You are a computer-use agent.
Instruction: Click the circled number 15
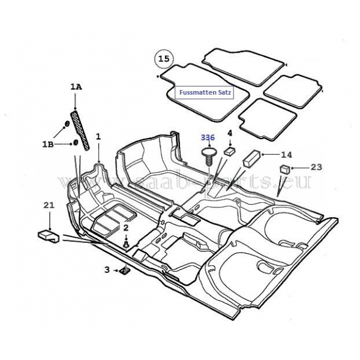tap(164, 59)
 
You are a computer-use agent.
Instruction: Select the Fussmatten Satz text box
tap(205, 92)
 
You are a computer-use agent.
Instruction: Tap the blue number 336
tap(208, 138)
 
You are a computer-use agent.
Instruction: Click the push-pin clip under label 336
tap(208, 157)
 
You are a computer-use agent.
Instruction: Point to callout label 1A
tap(76, 87)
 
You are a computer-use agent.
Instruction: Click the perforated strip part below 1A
tap(80, 130)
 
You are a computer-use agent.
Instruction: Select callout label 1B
tap(48, 145)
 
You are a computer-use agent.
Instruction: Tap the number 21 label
tap(49, 205)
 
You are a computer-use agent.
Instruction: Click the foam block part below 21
tap(49, 236)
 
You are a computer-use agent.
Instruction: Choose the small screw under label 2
tap(126, 244)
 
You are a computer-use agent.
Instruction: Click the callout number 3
tap(107, 270)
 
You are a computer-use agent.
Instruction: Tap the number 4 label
tap(230, 133)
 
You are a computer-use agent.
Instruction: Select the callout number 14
tap(287, 155)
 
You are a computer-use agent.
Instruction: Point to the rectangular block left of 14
tap(252, 157)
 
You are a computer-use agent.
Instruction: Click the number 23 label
tap(316, 167)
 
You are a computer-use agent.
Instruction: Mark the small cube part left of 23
tap(284, 169)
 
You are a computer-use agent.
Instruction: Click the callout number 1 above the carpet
tap(98, 137)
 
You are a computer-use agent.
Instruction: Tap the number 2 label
tap(126, 228)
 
